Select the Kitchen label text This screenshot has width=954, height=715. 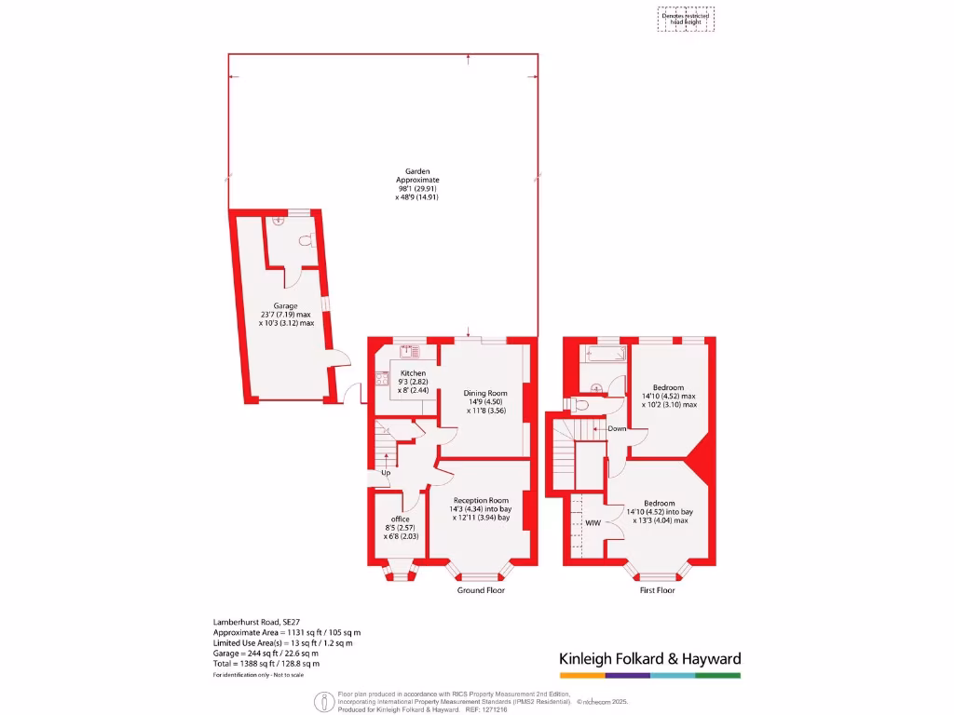(x=413, y=373)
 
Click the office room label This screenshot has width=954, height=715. (x=401, y=519)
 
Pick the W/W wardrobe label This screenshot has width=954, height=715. (x=593, y=524)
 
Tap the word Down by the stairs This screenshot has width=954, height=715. (x=617, y=429)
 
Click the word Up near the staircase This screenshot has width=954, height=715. (x=385, y=473)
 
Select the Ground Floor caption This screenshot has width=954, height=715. (x=481, y=590)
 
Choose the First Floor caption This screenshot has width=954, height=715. (x=657, y=590)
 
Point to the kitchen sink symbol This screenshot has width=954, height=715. (x=408, y=352)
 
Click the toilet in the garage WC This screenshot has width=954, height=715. (x=304, y=240)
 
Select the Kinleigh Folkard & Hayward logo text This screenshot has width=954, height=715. (x=649, y=659)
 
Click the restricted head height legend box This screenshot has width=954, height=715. (x=687, y=20)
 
